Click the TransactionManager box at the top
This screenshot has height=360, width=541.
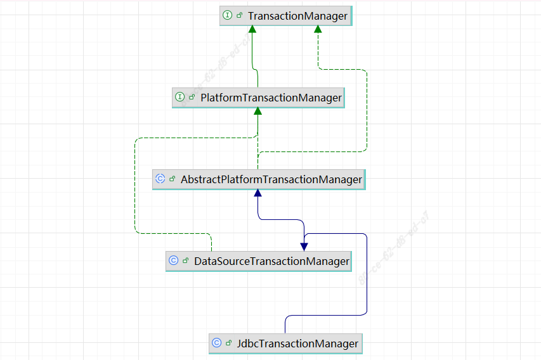(286, 16)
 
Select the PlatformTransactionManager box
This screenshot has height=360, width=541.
(258, 98)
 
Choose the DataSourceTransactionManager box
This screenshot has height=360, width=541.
(259, 260)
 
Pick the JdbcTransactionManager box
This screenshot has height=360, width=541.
(285, 344)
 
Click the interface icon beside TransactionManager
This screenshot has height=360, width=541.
(228, 16)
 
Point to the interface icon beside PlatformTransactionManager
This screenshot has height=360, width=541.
(180, 98)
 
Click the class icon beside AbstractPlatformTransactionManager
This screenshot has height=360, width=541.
(160, 179)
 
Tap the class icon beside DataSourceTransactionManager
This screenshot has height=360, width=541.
(174, 260)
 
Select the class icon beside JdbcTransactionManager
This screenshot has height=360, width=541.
(217, 344)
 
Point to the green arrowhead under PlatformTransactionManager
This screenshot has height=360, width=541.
(257, 112)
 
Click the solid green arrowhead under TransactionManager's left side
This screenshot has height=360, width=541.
(252, 29)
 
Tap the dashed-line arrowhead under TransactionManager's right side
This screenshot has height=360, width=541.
(318, 29)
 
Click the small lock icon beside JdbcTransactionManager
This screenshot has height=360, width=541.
(228, 344)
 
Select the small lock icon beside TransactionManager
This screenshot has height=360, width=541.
(239, 16)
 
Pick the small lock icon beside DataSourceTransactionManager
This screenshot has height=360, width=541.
(185, 260)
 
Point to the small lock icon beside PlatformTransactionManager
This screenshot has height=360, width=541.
(192, 98)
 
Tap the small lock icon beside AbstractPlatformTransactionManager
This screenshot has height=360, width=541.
(172, 179)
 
